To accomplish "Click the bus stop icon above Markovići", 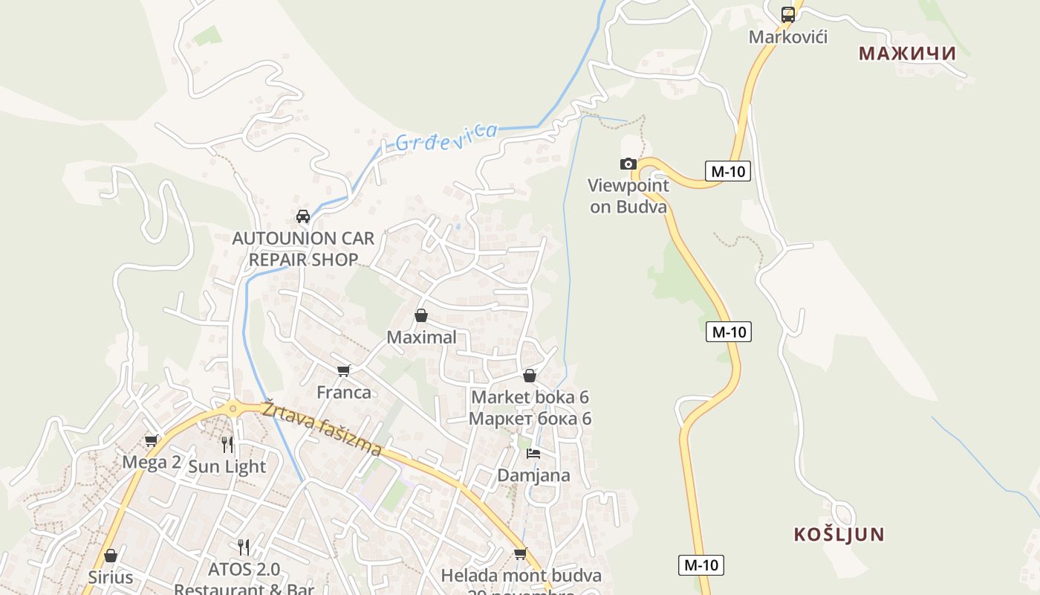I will point(788,14).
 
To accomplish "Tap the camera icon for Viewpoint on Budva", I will point(628,164).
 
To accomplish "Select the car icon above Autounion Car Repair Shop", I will point(303,216).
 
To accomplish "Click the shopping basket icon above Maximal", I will point(421,315).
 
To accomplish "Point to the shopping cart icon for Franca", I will point(343,370).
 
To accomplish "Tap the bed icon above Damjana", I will point(533,453).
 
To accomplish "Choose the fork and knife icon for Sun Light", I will point(227,445).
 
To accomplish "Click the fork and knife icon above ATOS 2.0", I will point(244,547).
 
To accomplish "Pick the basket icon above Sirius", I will point(111,556).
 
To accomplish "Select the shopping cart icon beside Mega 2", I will point(152,440).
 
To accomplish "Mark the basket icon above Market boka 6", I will point(530,376).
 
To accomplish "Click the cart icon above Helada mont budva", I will point(521,553).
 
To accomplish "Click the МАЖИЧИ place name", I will point(907,54).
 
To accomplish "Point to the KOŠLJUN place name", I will point(839,534).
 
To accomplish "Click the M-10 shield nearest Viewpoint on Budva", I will point(727,172).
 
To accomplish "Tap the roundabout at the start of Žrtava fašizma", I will point(233,407).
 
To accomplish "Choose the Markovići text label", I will point(788,36).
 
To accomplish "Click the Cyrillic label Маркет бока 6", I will point(530,419).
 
